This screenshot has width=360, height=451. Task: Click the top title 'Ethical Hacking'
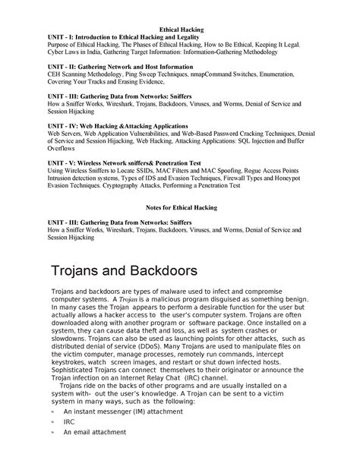pyautogui.click(x=180, y=28)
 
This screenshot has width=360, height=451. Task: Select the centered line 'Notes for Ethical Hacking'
pyautogui.click(x=180, y=207)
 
